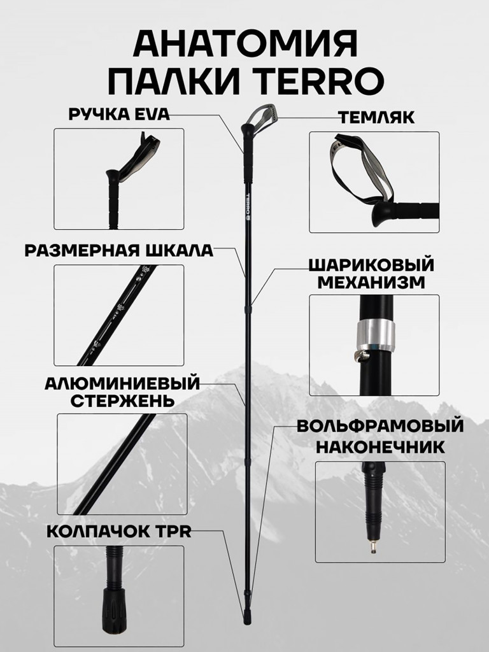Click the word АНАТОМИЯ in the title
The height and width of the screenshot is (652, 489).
click(245, 44)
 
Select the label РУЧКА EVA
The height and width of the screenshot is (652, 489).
click(119, 114)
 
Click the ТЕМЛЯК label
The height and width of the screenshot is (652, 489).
click(377, 118)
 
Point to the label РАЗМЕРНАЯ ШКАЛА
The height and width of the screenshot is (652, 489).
click(118, 251)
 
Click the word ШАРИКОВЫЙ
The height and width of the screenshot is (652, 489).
click(371, 265)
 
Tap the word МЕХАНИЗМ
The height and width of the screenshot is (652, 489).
click(371, 283)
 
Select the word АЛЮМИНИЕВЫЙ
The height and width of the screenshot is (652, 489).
click(122, 383)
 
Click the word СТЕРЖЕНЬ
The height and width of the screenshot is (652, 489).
click(122, 401)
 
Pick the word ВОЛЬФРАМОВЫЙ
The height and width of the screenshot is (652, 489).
click(380, 426)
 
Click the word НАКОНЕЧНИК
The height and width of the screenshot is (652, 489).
click(380, 447)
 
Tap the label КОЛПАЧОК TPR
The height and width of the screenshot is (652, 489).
click(119, 532)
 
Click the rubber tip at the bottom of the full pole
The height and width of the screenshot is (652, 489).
click(247, 617)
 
